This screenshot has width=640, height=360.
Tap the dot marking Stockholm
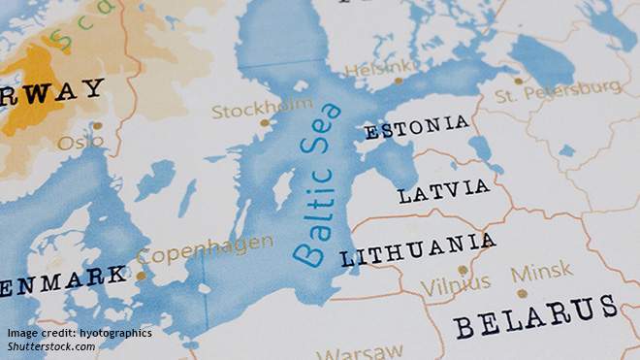(x=265, y=122)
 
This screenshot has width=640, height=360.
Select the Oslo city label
(x=80, y=142)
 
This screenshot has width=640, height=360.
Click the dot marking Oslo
(x=96, y=125)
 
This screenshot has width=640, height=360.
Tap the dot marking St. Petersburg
(x=518, y=81)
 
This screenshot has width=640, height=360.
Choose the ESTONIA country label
(x=416, y=127)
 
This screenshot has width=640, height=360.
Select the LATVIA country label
(x=443, y=190)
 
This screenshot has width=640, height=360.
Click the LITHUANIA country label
(x=417, y=249)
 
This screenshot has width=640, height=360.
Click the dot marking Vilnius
(x=463, y=270)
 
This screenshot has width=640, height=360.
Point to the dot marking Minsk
(x=522, y=292)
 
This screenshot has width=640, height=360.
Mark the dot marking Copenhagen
(x=141, y=276)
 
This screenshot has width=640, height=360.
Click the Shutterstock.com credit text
(x=52, y=346)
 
